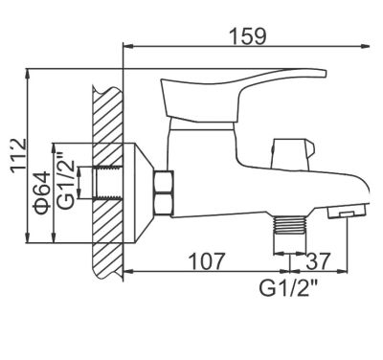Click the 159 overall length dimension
pos(247,34)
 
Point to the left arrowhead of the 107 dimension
pos(128,271)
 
